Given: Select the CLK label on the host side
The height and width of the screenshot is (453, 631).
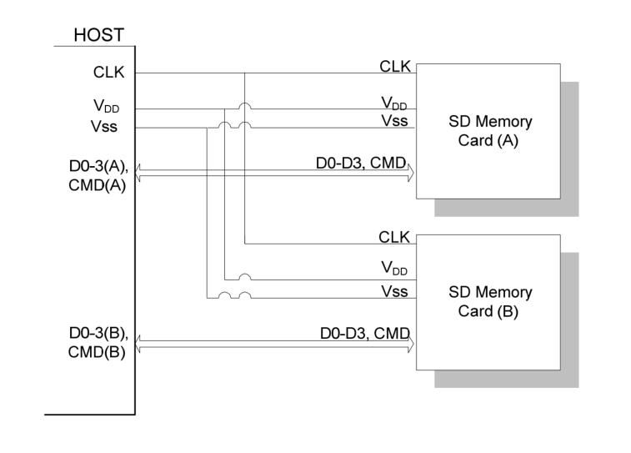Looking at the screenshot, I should pyautogui.click(x=108, y=73).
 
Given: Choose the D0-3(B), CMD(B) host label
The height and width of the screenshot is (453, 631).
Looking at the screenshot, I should pyautogui.click(x=98, y=343).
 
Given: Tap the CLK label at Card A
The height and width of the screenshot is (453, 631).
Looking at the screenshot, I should pyautogui.click(x=394, y=66).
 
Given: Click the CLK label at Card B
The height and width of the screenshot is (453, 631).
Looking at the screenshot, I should pyautogui.click(x=394, y=237).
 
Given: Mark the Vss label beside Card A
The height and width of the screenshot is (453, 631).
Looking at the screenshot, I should pyautogui.click(x=394, y=121).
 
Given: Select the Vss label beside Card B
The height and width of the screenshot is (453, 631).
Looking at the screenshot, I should pyautogui.click(x=394, y=291).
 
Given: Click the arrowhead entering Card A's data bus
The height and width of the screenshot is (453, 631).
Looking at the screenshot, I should pyautogui.click(x=411, y=173).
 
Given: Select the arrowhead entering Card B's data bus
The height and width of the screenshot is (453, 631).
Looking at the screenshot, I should pyautogui.click(x=411, y=343).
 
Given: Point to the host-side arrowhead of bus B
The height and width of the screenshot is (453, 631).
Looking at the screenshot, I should pyautogui.click(x=139, y=343).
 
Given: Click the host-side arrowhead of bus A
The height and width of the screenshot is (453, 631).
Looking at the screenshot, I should pyautogui.click(x=139, y=173).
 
